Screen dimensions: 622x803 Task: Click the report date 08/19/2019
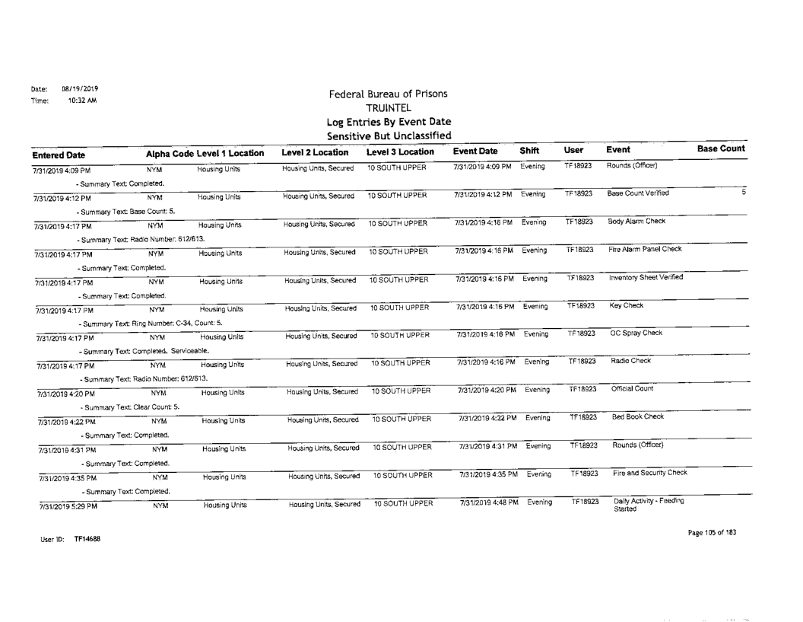click(x=72, y=88)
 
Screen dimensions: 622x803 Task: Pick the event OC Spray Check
click(x=636, y=332)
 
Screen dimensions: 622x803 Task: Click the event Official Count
click(x=633, y=388)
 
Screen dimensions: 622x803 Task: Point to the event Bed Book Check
click(x=637, y=416)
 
